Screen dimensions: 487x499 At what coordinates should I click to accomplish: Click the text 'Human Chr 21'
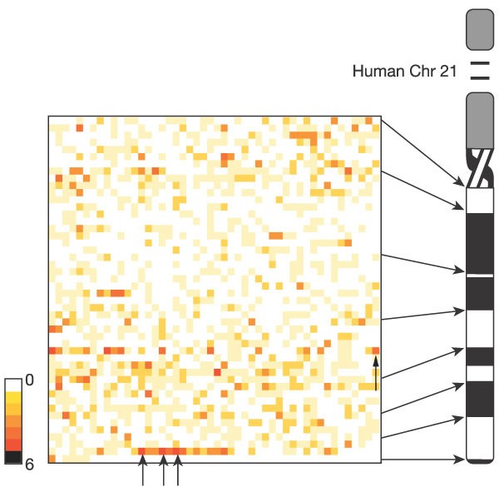coord(405,72)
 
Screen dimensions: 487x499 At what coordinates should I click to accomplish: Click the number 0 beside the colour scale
coord(29,381)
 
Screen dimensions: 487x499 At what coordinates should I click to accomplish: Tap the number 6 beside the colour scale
coord(29,465)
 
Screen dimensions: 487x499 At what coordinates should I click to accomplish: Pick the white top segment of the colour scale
coord(13,385)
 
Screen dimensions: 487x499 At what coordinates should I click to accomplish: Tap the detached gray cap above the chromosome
coord(480,28)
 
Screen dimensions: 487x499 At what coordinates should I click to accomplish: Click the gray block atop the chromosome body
coord(480,121)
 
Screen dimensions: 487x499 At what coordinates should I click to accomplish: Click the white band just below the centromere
coord(480,201)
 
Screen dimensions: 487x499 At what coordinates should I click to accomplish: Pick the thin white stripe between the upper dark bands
coord(480,275)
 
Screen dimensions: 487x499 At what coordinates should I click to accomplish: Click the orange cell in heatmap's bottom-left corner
coord(52,459)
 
